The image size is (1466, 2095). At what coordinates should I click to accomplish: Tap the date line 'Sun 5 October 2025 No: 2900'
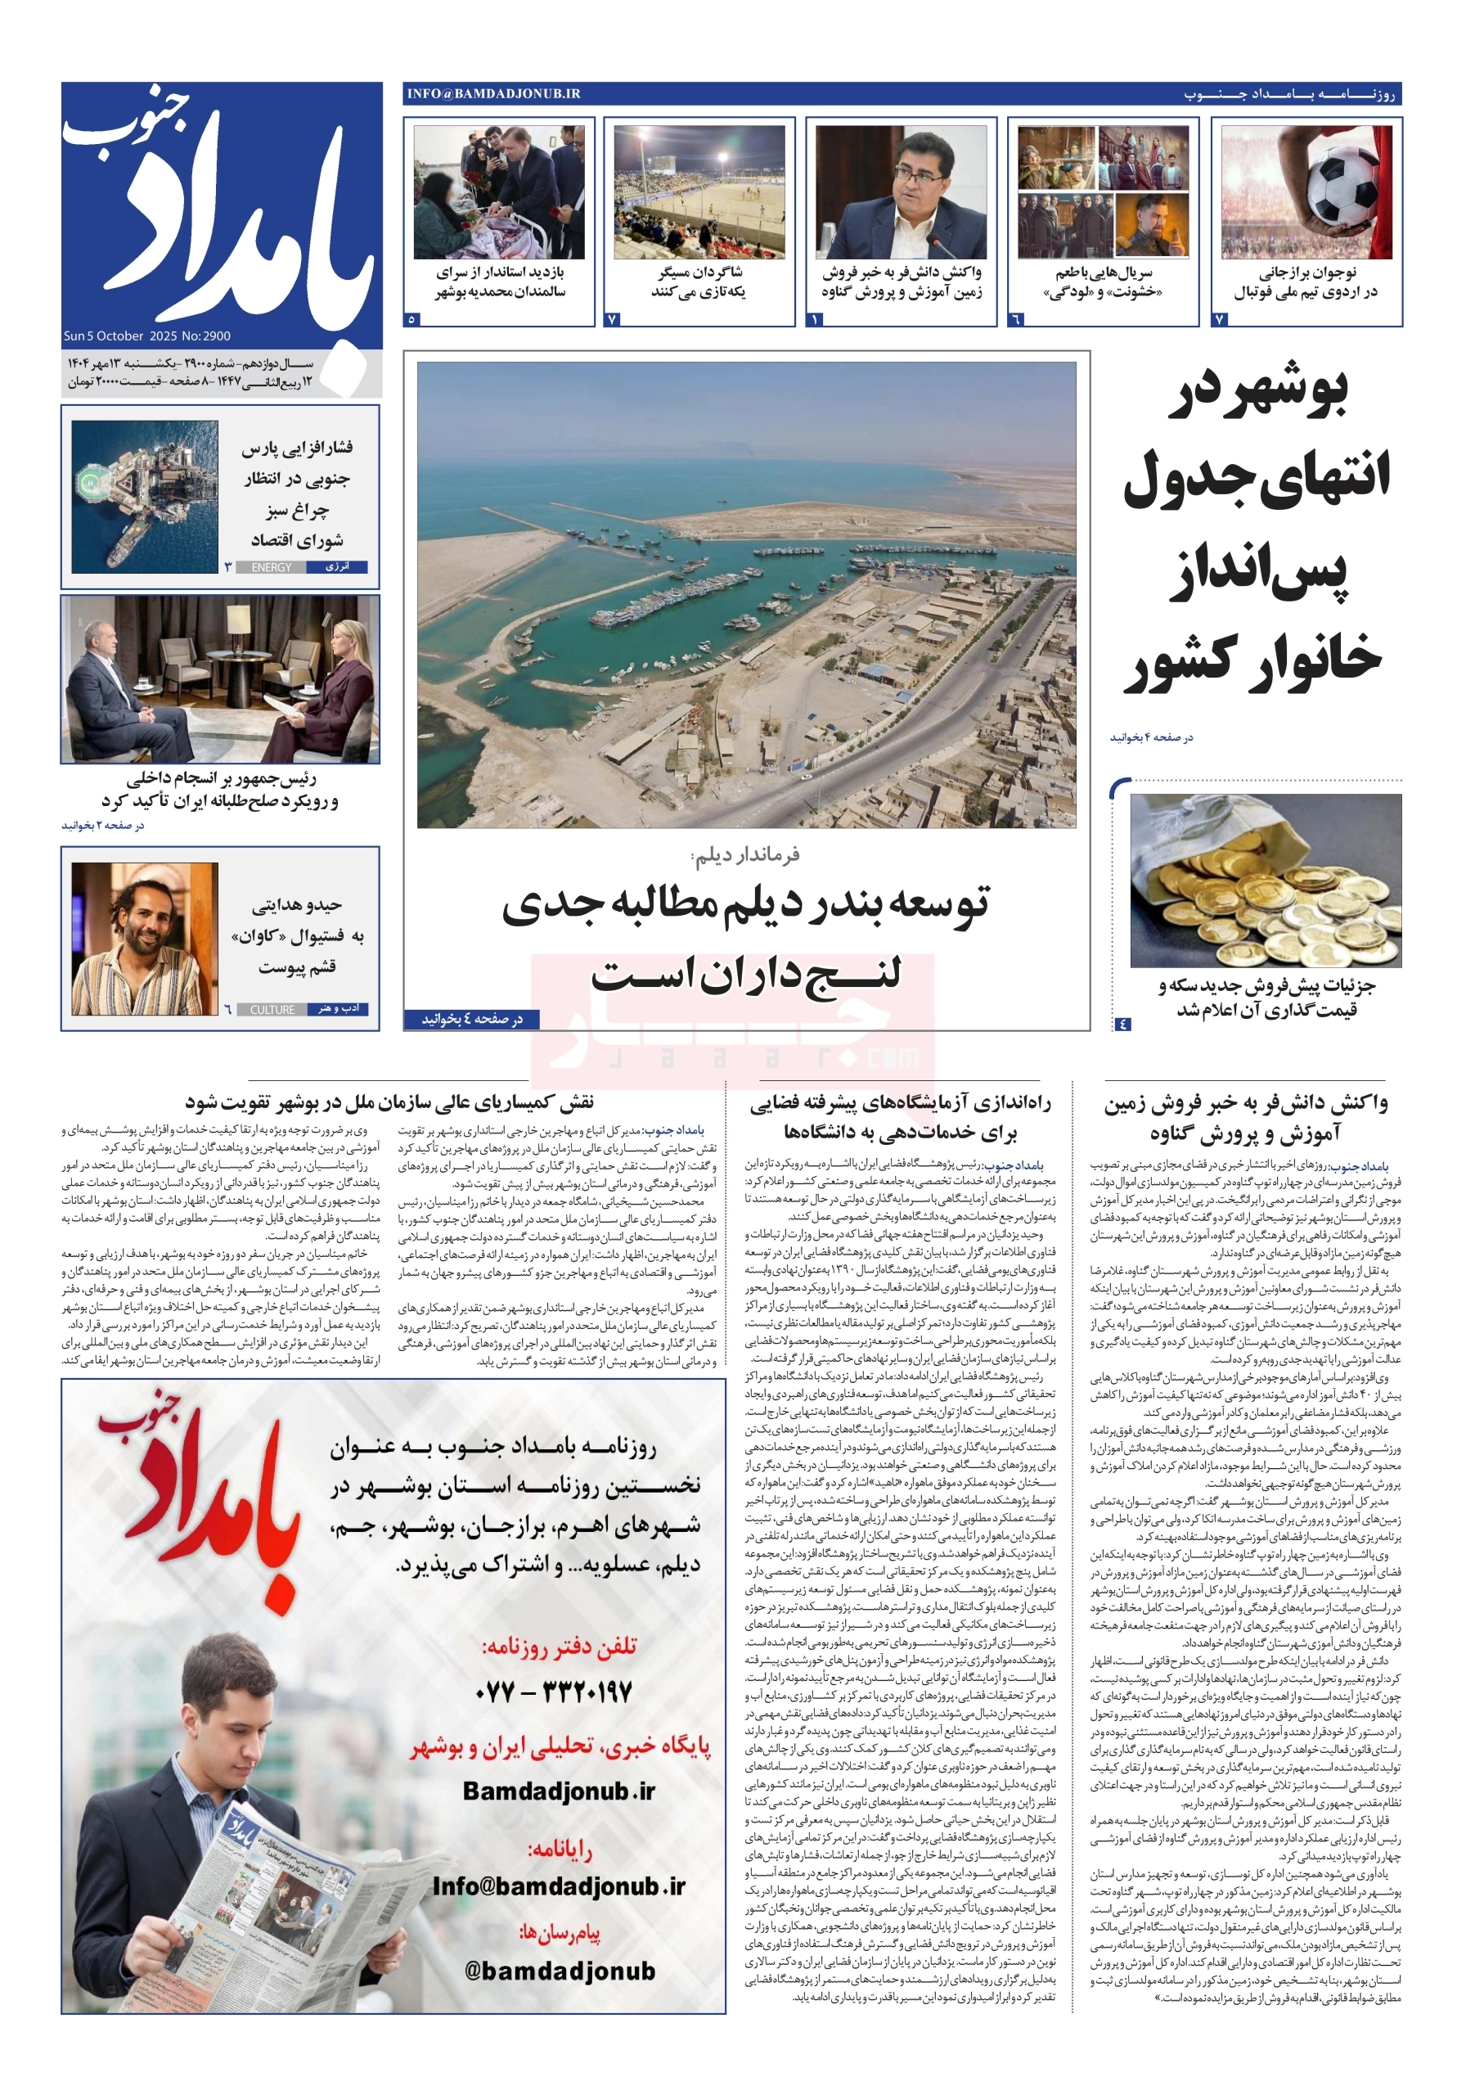(x=147, y=336)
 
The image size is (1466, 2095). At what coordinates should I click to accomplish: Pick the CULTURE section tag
(x=272, y=1009)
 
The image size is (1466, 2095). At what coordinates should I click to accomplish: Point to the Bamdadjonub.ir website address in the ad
(x=558, y=1791)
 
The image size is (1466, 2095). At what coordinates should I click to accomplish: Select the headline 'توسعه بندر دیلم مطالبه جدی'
(x=745, y=903)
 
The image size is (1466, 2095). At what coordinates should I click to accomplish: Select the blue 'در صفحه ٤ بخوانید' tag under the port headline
(x=472, y=1018)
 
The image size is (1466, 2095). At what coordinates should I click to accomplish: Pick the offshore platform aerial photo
(x=145, y=497)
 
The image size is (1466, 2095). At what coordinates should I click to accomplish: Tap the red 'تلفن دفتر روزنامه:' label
(x=558, y=1646)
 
